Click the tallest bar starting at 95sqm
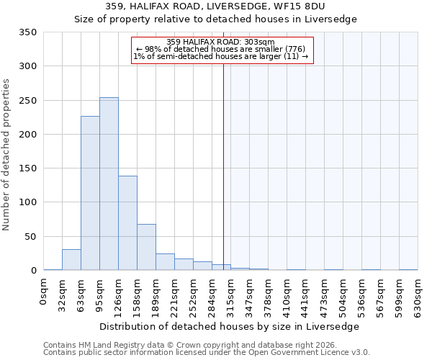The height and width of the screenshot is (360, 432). [x=109, y=184]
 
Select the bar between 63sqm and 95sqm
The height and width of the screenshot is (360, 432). [x=90, y=193]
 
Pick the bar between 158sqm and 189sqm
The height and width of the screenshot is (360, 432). [x=146, y=247]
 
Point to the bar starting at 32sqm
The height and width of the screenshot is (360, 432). [x=71, y=260]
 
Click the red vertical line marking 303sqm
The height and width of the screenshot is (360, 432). [x=223, y=166]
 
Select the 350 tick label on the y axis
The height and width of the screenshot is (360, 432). [x=27, y=32]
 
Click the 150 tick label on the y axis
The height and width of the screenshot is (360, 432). [x=27, y=168]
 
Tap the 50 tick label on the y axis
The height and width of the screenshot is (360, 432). [x=30, y=236]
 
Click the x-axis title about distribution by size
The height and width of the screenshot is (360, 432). [x=229, y=326]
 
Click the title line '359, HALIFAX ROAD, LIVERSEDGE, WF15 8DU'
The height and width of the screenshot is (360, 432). [x=215, y=6]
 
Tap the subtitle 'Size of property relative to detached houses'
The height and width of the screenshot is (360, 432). [x=215, y=19]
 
